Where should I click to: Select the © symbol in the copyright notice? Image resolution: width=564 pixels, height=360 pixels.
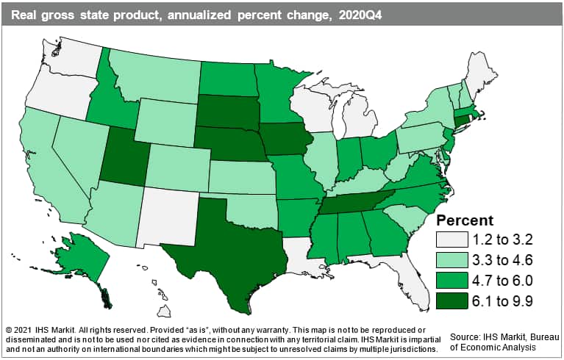coord(8,326)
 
